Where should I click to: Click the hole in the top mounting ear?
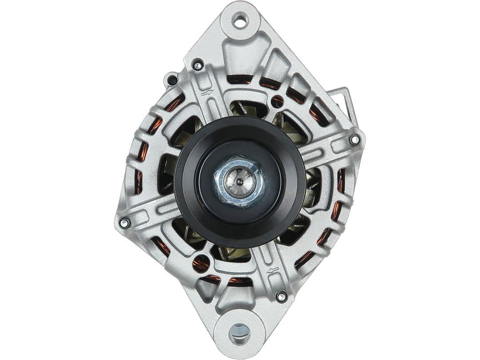coord(240,20)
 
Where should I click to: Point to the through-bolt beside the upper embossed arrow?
coord(198,66)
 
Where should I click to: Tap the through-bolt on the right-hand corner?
coord(354,139)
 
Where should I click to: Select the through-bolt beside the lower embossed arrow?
coord(281,296)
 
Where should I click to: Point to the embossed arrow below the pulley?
coord(272,270)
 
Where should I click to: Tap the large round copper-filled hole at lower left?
coord(201,264)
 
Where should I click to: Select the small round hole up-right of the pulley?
coord(278,101)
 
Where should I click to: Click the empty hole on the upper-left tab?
coord(172,80)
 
